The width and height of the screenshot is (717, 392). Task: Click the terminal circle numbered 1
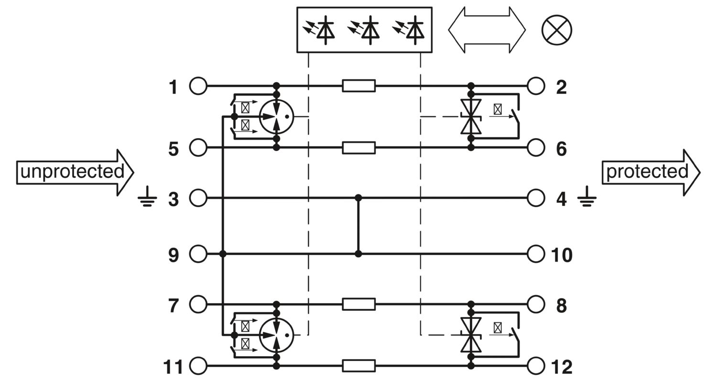point(198,86)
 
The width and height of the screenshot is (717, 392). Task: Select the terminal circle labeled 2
point(536,86)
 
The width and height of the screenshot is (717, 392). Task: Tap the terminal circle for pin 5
point(198,148)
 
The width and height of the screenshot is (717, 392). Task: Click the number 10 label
point(562,255)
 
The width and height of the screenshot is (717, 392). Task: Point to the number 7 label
point(173,305)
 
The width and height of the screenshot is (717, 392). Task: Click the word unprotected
point(72,172)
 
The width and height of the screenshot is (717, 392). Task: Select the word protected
point(647,172)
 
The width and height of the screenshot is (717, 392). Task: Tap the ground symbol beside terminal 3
point(147,196)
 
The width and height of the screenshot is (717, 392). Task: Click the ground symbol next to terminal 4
point(587,196)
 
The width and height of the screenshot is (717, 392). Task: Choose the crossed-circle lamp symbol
point(557,30)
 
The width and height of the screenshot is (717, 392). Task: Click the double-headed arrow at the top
point(487,30)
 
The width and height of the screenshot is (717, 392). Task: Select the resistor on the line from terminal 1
point(358,86)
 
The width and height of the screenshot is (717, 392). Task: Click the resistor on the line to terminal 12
point(358,365)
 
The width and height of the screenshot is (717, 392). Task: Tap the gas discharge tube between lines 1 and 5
point(276,117)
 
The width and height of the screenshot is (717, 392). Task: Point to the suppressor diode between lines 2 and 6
point(471,117)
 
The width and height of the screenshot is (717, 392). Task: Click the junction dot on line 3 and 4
point(358,198)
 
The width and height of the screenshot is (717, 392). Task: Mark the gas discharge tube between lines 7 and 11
point(276,336)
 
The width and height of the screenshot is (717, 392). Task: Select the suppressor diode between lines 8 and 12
point(471,335)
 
